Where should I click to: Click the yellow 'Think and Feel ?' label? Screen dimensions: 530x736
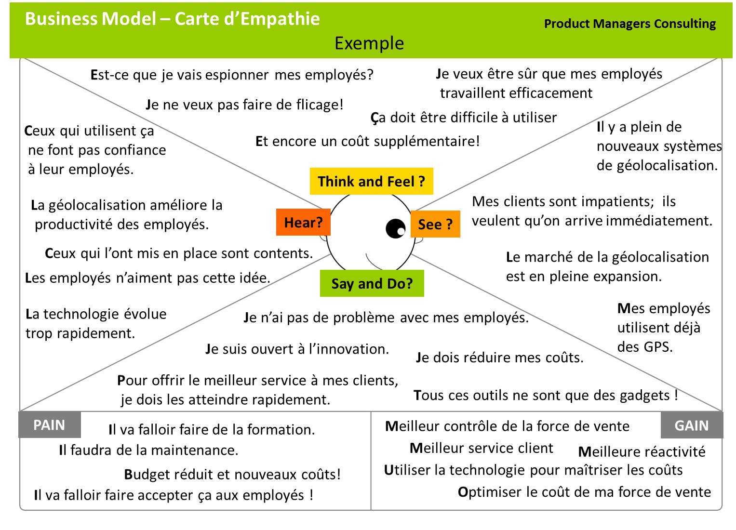pos(371,181)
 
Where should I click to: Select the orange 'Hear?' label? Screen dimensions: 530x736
pos(303,222)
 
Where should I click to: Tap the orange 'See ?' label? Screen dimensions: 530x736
pos(435,224)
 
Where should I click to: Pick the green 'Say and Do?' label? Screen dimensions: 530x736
pos(372,283)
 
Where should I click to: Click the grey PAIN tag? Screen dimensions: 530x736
pos(49,425)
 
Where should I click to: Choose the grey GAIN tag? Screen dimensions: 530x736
pos(691,425)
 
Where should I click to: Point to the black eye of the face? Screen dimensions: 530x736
pos(396,228)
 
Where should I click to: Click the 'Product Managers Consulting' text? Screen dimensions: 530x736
pos(629,24)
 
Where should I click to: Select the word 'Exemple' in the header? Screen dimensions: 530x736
pos(369,43)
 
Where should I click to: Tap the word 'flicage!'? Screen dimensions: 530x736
pos(319,105)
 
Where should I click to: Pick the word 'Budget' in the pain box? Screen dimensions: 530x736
pos(146,475)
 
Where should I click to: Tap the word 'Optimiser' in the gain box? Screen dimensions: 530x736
pos(489,492)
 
